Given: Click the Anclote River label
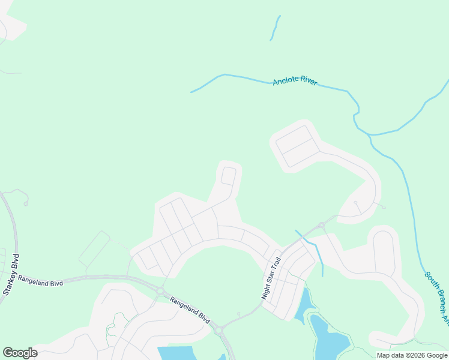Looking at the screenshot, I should pyautogui.click(x=295, y=82).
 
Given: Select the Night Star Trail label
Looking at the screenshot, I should pyautogui.click(x=271, y=278).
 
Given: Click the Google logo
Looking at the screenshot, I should pyautogui.click(x=20, y=353).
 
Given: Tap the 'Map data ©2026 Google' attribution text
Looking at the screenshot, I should pyautogui.click(x=412, y=355).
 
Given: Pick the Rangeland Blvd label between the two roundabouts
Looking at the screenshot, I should pyautogui.click(x=189, y=308).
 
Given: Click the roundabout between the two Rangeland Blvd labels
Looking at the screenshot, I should pyautogui.click(x=160, y=291).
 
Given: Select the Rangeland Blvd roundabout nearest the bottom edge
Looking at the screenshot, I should pyautogui.click(x=218, y=329).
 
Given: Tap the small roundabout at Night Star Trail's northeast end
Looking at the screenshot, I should pyautogui.click(x=322, y=226).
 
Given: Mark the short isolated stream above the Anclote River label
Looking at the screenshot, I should pyautogui.click(x=276, y=28).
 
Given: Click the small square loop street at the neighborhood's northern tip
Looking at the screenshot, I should pyautogui.click(x=228, y=176).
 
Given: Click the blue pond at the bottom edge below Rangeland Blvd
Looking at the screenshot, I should pyautogui.click(x=180, y=353).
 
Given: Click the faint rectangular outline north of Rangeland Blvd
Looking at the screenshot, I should pyautogui.click(x=95, y=251).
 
